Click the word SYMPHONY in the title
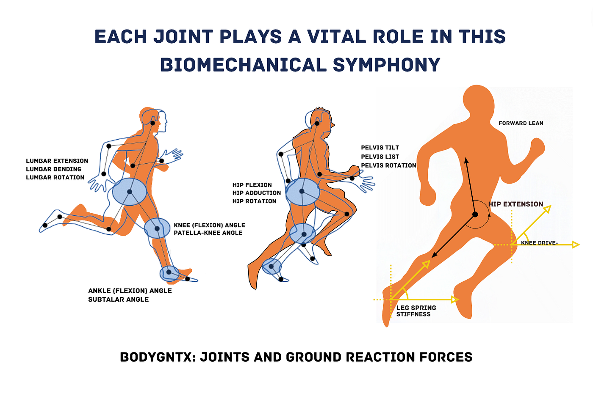[386, 65]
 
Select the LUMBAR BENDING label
[54, 169]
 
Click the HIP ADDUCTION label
[257, 193]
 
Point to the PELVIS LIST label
[380, 157]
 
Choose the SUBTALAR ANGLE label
[118, 299]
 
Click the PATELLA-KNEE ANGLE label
[208, 233]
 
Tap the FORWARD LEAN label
[521, 123]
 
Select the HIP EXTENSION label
[516, 204]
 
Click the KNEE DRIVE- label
[539, 243]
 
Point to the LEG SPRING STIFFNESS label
[416, 311]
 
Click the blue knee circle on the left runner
[157, 228]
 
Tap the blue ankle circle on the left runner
[169, 273]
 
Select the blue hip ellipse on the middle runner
[302, 192]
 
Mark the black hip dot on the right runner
[475, 214]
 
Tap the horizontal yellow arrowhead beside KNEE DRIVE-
[576, 245]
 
